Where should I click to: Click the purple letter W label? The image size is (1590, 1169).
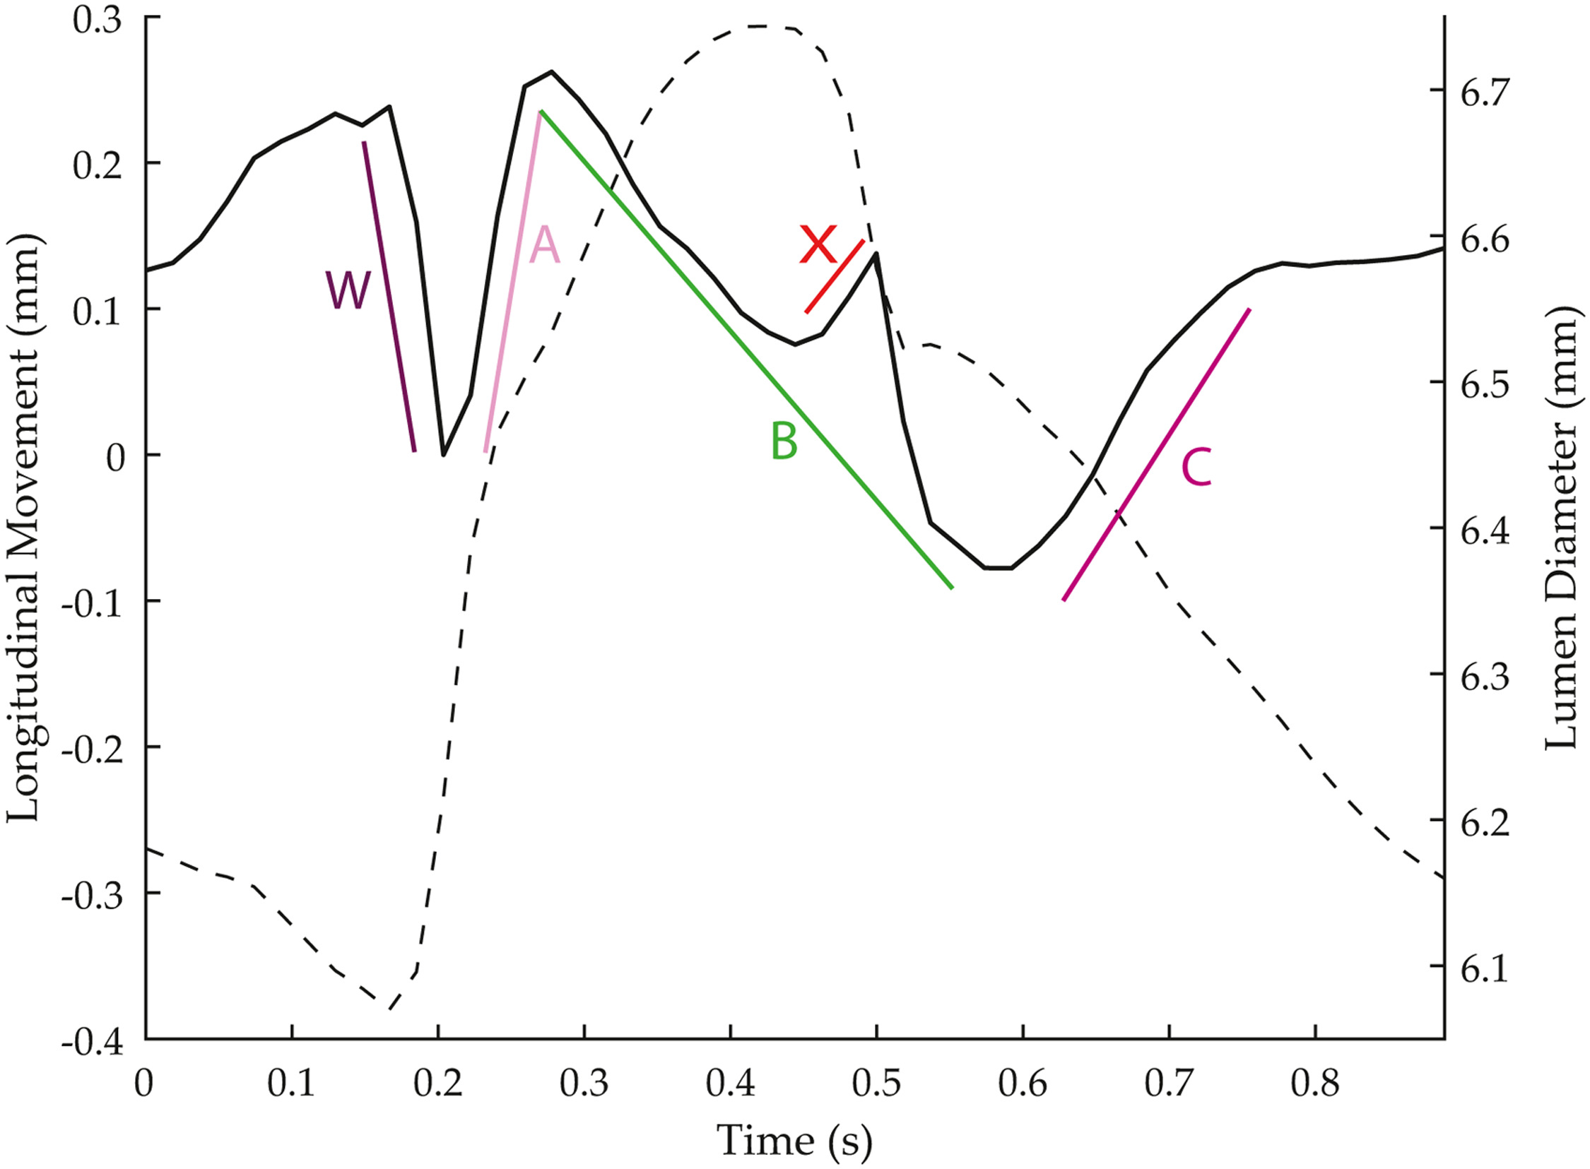click(x=348, y=291)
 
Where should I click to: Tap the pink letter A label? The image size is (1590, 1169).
click(x=544, y=247)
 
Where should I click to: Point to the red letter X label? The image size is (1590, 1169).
click(x=818, y=245)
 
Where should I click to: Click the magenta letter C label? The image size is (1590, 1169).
click(x=1196, y=468)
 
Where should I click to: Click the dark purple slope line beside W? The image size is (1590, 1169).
click(x=389, y=297)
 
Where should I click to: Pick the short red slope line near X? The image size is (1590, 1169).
click(x=835, y=276)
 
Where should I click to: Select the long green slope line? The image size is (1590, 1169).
click(x=747, y=350)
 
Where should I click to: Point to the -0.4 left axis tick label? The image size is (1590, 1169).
click(x=92, y=1044)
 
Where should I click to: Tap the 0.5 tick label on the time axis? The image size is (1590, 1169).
click(x=876, y=1085)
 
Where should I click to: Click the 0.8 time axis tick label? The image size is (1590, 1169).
click(x=1314, y=1085)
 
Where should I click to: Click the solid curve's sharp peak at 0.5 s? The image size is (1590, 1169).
click(x=876, y=254)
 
